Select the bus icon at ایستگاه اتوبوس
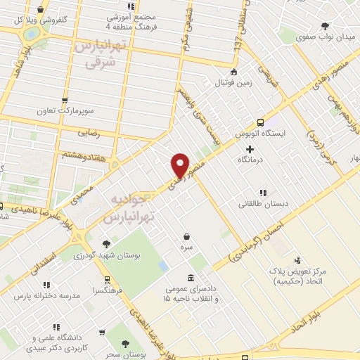tap(261, 121)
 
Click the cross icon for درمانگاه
tap(250, 149)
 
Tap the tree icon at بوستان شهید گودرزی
tap(106, 244)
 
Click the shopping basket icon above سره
tap(186, 237)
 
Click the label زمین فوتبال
tap(232, 84)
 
